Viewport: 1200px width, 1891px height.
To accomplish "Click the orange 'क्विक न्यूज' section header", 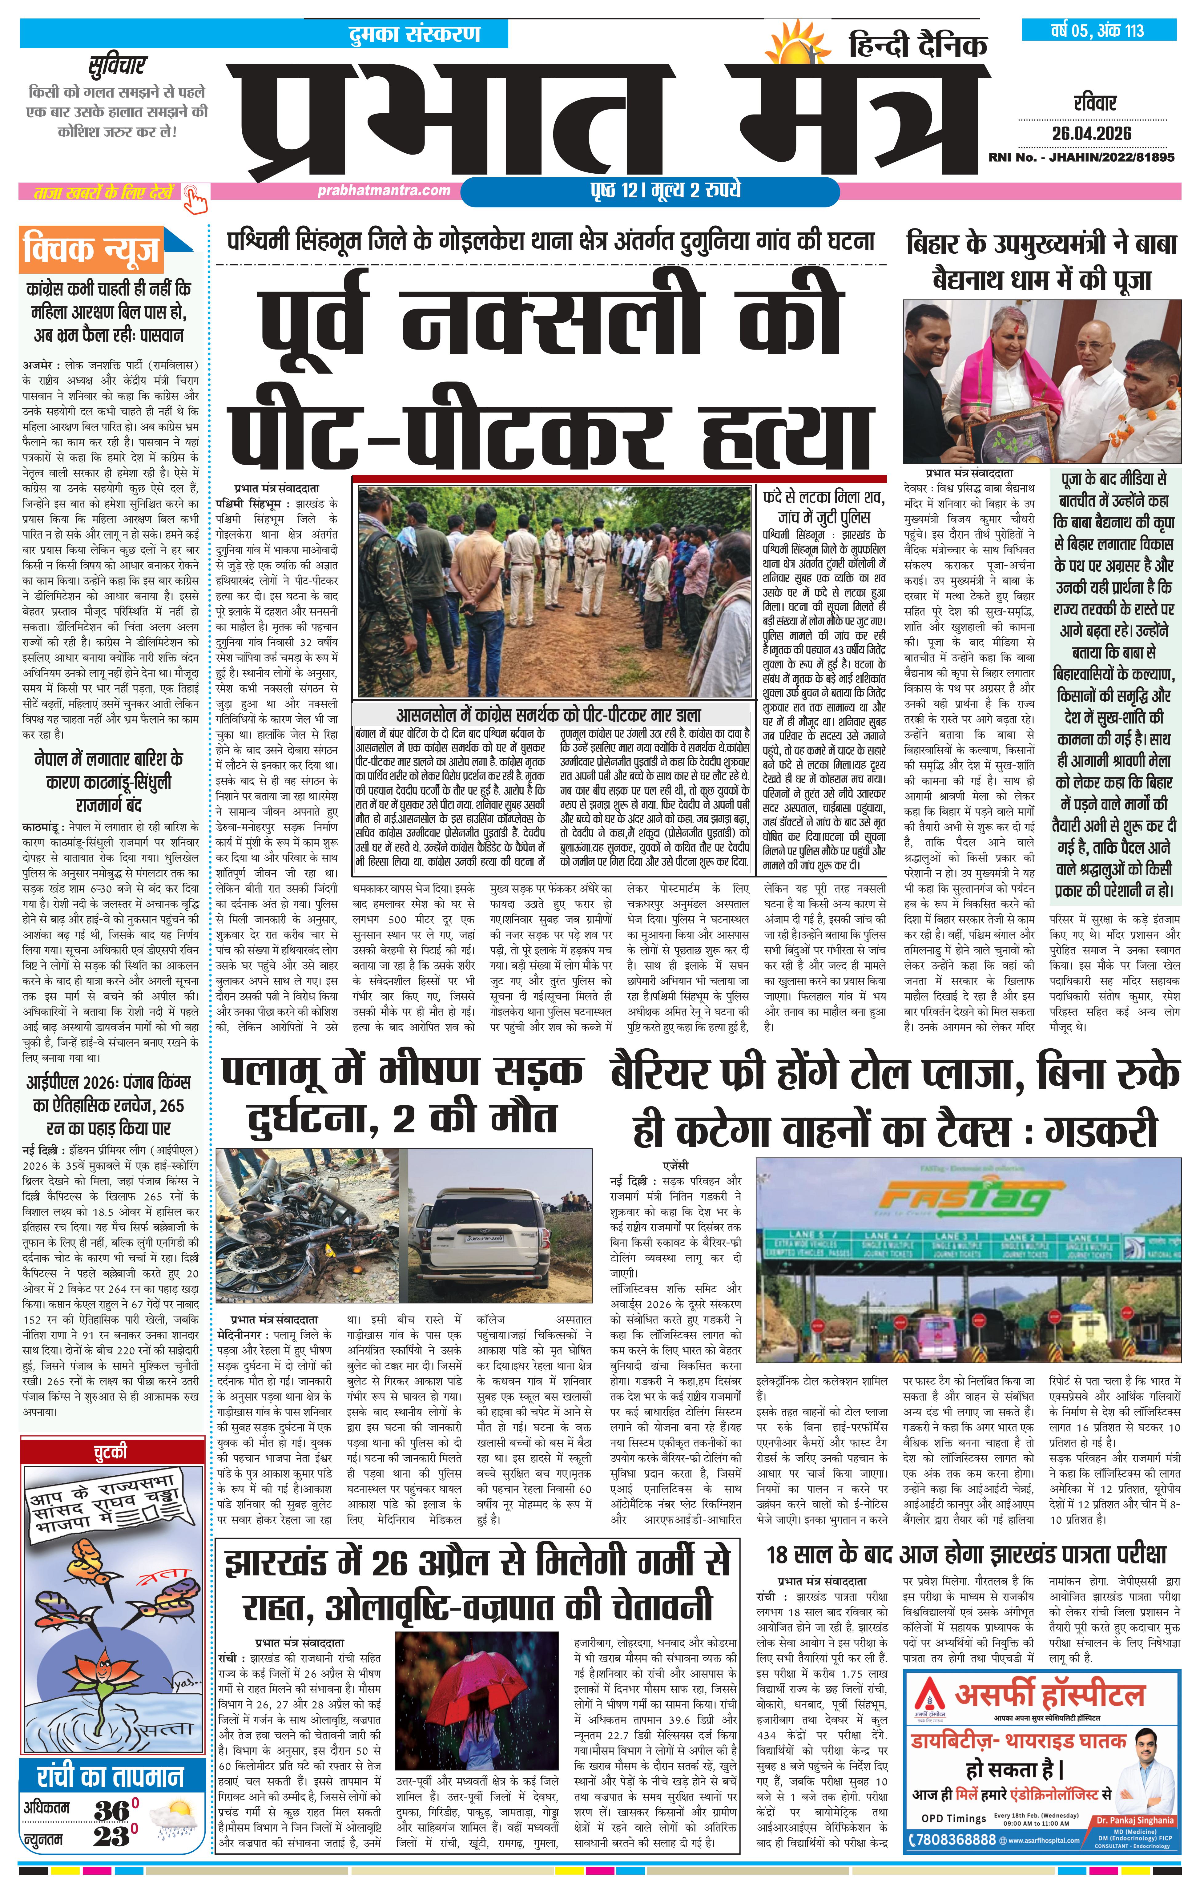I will [x=93, y=250].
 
